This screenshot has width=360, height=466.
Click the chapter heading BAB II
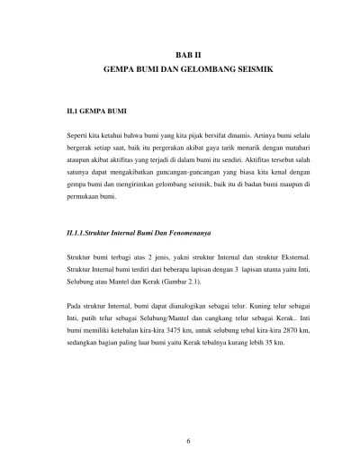(x=180, y=53)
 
